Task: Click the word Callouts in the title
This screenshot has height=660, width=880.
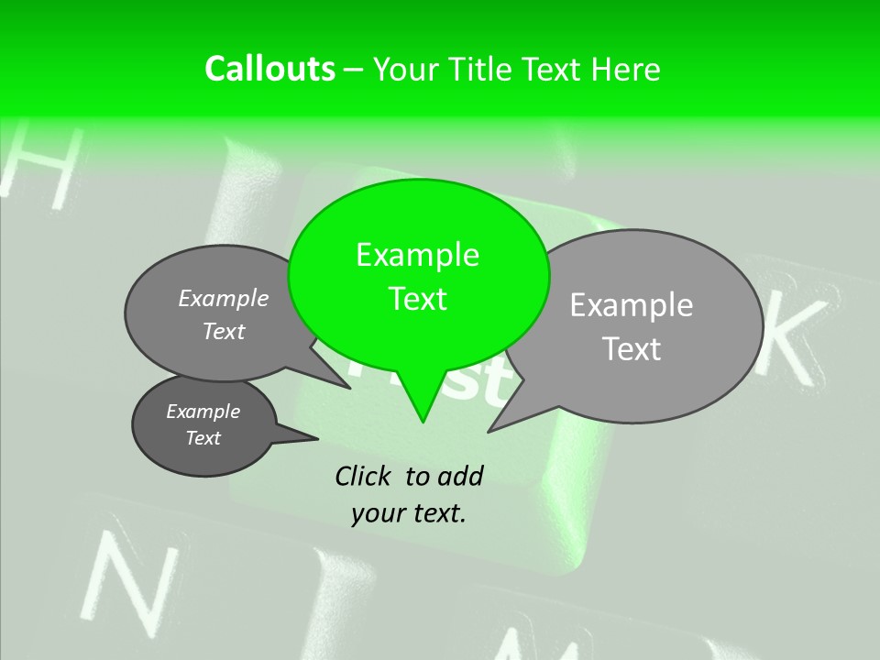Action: click(x=269, y=70)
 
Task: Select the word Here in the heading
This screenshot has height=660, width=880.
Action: click(x=625, y=70)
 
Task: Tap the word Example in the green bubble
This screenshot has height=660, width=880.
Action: click(x=417, y=255)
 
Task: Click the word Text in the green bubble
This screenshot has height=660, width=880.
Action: click(x=417, y=299)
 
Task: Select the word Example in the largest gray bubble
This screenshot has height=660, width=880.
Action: click(x=632, y=305)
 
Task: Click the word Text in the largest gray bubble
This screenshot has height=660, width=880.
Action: click(x=632, y=349)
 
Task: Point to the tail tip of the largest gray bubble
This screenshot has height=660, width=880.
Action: click(x=489, y=430)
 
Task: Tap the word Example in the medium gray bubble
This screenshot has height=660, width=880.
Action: click(x=224, y=299)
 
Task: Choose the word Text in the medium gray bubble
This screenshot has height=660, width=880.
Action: click(x=224, y=332)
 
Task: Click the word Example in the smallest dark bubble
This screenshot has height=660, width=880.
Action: click(x=203, y=412)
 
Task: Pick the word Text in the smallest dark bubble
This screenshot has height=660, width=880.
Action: click(x=203, y=438)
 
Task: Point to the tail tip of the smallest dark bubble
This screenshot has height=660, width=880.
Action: click(x=317, y=438)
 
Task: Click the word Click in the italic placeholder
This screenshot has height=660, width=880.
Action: click(x=366, y=476)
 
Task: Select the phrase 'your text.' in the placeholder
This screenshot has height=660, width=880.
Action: click(x=409, y=513)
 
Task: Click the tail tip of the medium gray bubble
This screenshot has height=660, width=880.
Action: click(x=350, y=388)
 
